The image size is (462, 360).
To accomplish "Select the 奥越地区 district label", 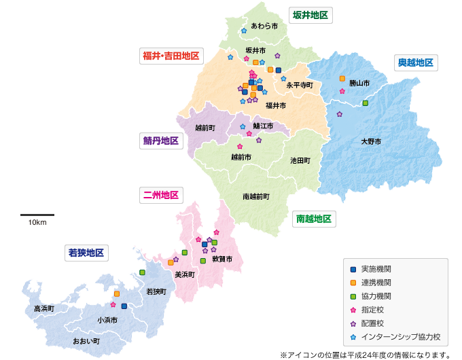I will [414, 62].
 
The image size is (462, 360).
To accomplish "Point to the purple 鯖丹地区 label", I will [160, 141].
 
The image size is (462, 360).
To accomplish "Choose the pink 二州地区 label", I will [160, 195].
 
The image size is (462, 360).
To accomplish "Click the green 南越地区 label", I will [314, 219].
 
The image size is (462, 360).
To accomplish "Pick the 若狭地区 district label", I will [86, 253].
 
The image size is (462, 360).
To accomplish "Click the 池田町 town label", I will [300, 161].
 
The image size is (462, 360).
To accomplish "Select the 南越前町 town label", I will [256, 196].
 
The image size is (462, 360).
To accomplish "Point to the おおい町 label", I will [86, 340].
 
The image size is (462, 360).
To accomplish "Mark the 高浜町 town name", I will [43, 308].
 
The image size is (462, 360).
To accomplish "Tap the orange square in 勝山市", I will [342, 78].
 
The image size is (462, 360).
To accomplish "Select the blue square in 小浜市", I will [124, 306].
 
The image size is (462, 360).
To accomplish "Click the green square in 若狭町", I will [142, 272].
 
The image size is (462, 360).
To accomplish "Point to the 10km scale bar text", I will [37, 223].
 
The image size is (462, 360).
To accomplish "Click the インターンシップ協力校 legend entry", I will [400, 336].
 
